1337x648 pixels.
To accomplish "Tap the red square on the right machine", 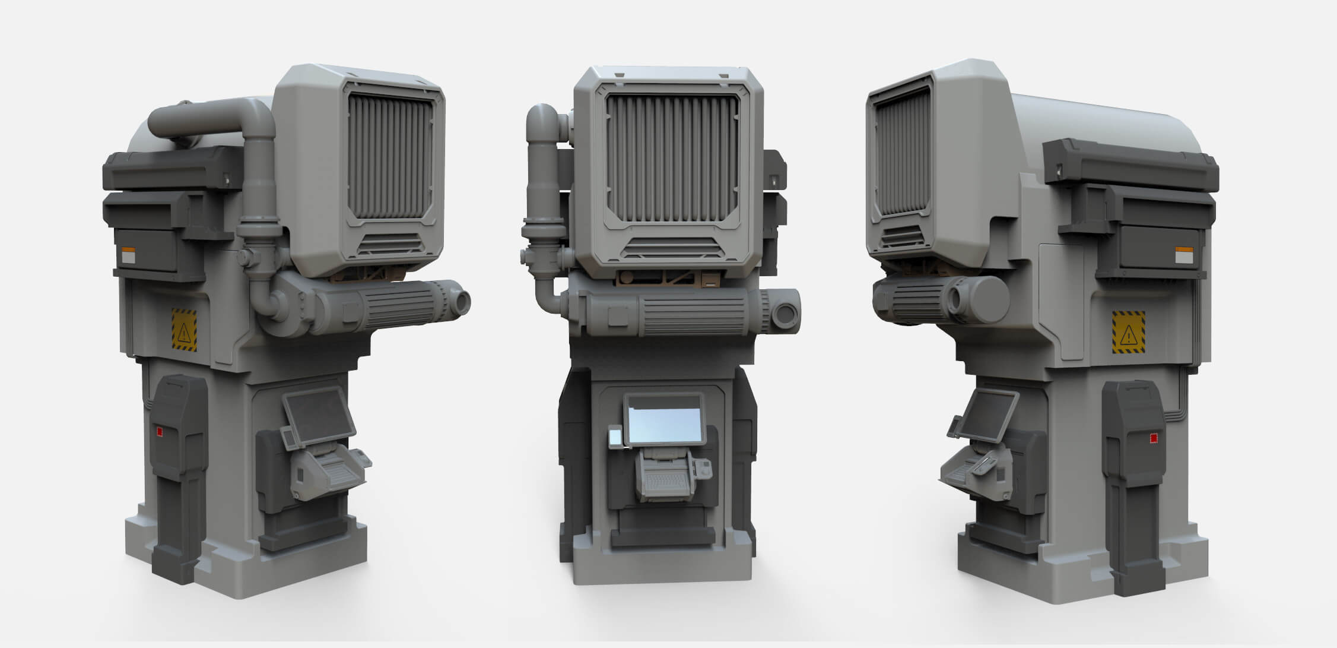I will click(x=1153, y=438).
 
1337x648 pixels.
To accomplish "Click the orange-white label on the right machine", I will click(x=1183, y=255).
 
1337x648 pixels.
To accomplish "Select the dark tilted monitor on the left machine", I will click(x=318, y=416).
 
